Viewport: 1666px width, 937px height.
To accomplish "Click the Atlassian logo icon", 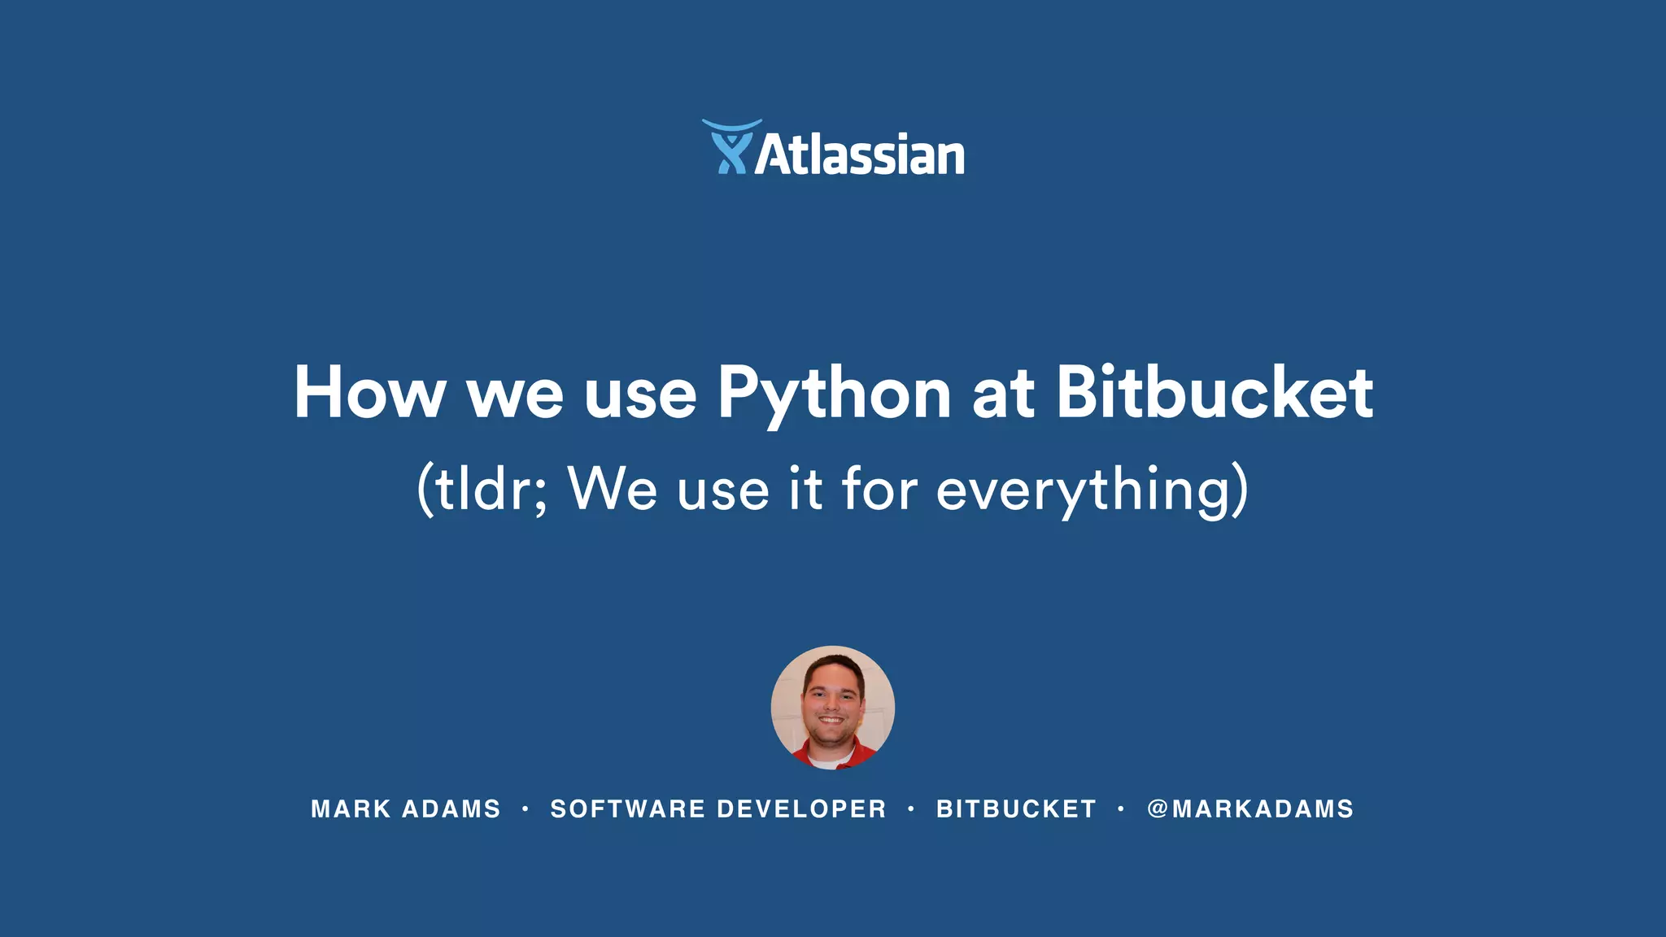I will point(731,147).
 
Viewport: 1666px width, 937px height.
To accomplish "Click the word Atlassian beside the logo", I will point(859,155).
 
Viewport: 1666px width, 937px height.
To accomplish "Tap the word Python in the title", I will point(834,394).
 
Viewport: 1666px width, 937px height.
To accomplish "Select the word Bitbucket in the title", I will point(1215,393).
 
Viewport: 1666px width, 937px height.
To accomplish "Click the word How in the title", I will point(369,393).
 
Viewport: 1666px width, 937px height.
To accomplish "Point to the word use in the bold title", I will point(640,394).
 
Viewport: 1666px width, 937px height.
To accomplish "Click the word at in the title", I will point(1003,394).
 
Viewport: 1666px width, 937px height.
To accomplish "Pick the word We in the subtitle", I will point(613,489).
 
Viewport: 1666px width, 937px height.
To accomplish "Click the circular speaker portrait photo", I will point(832,706).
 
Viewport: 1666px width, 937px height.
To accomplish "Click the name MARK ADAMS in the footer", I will point(405,809).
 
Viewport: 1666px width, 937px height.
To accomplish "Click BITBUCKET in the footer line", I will point(1016,809).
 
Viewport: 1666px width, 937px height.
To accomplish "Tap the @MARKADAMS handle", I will point(1250,809).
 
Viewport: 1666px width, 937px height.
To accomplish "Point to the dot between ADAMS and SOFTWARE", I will point(526,808).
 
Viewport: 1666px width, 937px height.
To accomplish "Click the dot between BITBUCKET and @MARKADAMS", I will point(1121,808).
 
